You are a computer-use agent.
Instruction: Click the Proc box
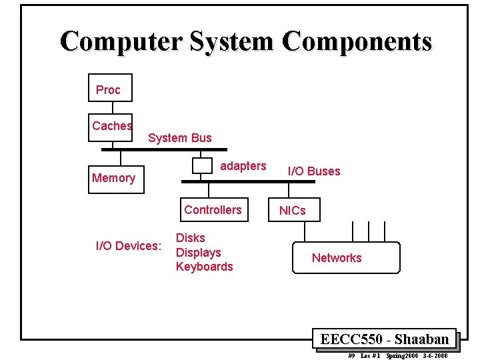110,88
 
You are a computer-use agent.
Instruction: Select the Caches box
111,126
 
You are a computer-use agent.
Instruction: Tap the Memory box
116,178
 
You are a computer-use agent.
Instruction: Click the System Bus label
179,138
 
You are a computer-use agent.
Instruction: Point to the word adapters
243,166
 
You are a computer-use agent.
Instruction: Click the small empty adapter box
201,165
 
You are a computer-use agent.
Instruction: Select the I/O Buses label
313,171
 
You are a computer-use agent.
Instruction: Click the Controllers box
213,210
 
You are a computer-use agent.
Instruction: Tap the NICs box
293,211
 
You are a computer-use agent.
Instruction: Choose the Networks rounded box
346,258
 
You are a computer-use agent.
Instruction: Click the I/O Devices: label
129,246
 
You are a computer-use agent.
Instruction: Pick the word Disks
190,238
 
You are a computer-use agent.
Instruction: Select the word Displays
198,253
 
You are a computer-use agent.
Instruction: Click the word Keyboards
204,267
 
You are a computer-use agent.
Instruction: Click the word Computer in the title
121,41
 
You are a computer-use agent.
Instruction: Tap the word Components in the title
357,41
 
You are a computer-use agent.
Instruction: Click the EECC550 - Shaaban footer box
384,339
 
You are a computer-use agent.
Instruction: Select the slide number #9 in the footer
351,356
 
